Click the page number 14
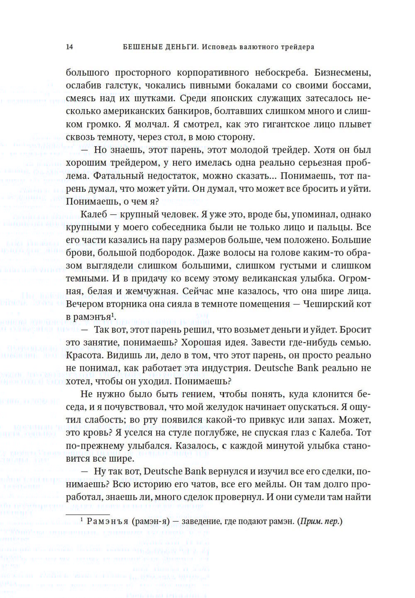point(69,47)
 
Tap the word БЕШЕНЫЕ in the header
point(140,47)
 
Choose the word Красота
point(83,355)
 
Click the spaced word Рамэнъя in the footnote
point(107,521)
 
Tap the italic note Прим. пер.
point(319,521)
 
